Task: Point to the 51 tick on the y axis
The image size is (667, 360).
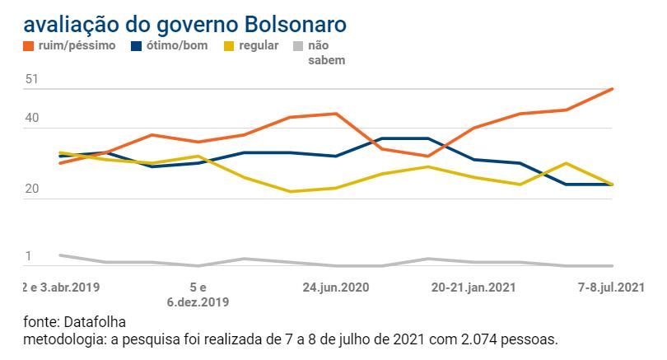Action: pos(32,79)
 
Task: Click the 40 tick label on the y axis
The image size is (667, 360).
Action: pos(32,119)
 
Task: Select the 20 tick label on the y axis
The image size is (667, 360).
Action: pos(32,189)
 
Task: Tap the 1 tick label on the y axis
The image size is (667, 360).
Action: pos(28,256)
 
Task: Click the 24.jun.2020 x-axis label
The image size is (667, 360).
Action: pos(335,288)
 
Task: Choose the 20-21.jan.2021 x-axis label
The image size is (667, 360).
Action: pos(473,288)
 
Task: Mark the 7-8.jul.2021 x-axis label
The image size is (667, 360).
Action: pos(610,288)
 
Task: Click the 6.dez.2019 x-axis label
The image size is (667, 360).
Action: pos(198,302)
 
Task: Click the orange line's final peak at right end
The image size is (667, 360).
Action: pos(613,88)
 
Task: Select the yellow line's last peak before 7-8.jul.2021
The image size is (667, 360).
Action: pos(566,163)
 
